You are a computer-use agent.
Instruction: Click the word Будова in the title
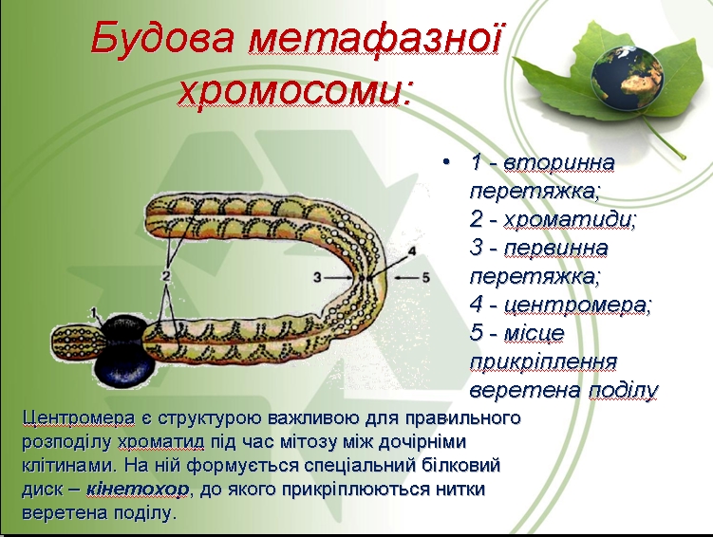click(x=162, y=39)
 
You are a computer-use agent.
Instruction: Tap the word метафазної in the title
click(x=374, y=37)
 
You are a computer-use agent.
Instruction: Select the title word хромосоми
click(x=294, y=90)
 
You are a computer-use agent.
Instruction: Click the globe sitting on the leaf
click(x=628, y=78)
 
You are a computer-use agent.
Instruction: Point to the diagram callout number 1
click(x=94, y=312)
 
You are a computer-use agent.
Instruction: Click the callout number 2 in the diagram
click(x=165, y=275)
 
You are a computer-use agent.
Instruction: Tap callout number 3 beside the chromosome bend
click(x=317, y=277)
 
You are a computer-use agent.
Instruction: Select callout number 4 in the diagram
click(x=412, y=251)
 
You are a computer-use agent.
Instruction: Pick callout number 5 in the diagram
click(x=425, y=277)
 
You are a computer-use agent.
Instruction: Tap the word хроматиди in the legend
click(x=569, y=220)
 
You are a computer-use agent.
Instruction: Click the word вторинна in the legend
click(x=559, y=162)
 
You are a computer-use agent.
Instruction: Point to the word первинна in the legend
click(x=555, y=248)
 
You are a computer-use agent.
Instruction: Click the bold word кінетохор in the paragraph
click(x=137, y=490)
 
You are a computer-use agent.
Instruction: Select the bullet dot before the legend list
click(x=446, y=162)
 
